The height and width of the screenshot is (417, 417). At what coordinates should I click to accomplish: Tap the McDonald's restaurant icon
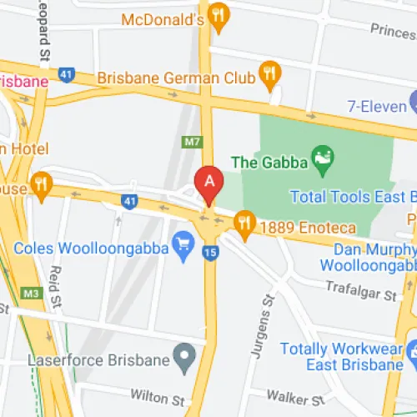click(219, 15)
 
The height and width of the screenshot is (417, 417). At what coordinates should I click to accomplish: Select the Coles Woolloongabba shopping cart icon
click(183, 244)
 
